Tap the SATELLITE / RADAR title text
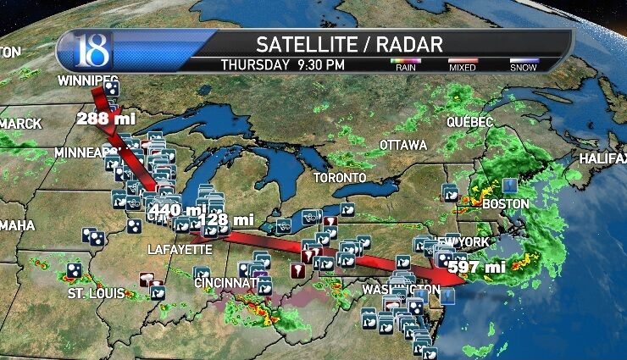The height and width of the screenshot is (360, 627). click(x=350, y=44)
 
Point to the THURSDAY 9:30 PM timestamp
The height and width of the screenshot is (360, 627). click(x=282, y=64)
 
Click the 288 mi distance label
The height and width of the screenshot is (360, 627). click(x=105, y=119)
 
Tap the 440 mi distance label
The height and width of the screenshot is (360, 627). click(x=176, y=209)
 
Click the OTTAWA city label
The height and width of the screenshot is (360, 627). click(x=402, y=146)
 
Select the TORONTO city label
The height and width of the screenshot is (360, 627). click(x=340, y=178)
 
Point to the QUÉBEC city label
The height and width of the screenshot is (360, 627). click(x=470, y=123)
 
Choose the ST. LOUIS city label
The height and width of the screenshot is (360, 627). click(x=97, y=294)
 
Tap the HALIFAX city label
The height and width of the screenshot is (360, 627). click(x=602, y=159)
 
